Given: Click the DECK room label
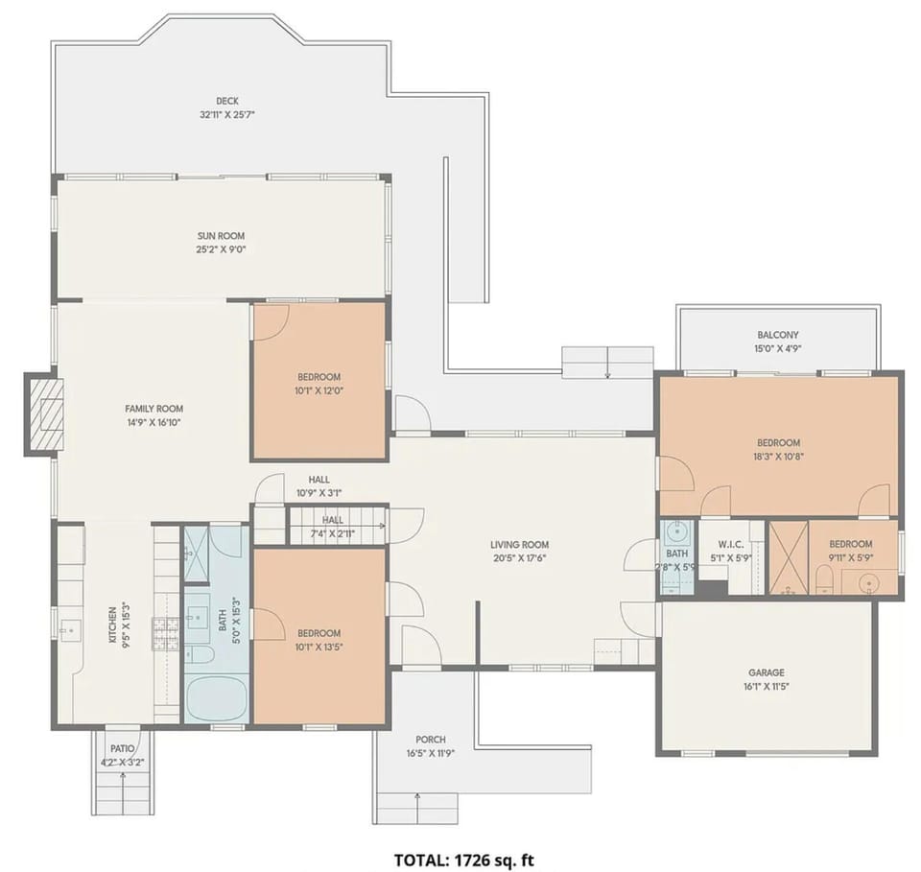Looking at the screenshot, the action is point(226,101).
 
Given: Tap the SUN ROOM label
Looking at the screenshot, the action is point(221,236).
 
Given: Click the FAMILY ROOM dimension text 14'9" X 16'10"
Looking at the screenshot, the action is point(153,422).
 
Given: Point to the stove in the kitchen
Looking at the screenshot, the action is point(165,634).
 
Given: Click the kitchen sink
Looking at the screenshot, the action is point(71,630).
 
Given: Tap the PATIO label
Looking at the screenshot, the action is point(122,748).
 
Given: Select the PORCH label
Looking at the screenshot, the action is point(431,740).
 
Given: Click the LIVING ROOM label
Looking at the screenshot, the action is point(519,544).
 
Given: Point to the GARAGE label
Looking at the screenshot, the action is point(766,672).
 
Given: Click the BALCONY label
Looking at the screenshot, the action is point(778,335).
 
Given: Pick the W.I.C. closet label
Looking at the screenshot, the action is point(731,544).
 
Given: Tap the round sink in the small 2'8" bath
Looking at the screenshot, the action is point(678,532).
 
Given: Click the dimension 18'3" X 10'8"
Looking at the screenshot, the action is point(778,457).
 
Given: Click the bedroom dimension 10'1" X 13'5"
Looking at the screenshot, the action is point(319,648).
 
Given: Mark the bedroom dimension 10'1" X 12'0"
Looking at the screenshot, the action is point(319,390).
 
